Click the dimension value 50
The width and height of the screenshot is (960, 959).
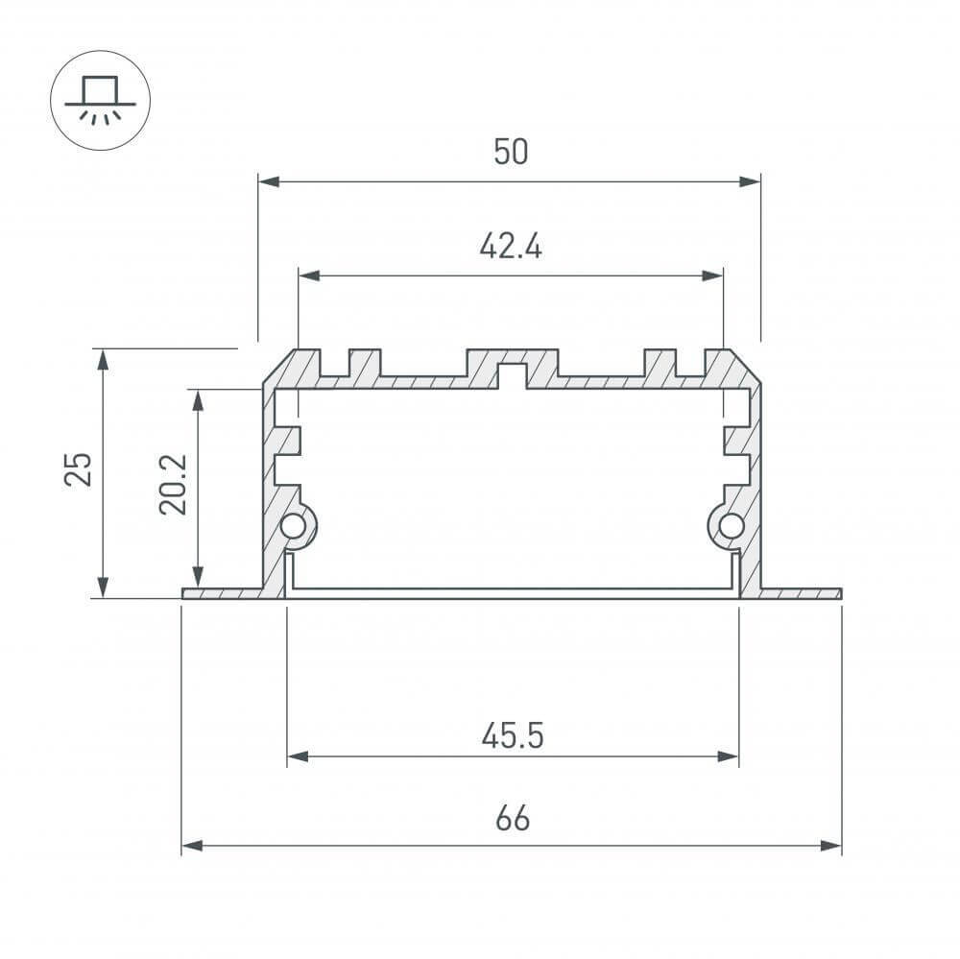[511, 152]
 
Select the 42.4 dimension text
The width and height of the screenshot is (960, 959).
[511, 247]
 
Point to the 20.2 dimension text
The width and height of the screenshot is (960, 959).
[174, 486]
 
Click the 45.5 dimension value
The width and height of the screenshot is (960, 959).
[513, 736]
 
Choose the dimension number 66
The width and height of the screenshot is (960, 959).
[513, 820]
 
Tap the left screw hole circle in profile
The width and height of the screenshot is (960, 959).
[293, 526]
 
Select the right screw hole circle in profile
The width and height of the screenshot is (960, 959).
[731, 525]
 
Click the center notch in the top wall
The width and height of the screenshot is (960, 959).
[512, 375]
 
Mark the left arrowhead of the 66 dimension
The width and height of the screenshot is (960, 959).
[189, 846]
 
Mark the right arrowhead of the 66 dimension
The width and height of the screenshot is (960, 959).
[833, 846]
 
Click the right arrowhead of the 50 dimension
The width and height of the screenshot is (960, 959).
[753, 180]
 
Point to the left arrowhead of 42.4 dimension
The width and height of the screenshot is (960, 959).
[306, 276]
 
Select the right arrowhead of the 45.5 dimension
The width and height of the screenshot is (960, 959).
[731, 757]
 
